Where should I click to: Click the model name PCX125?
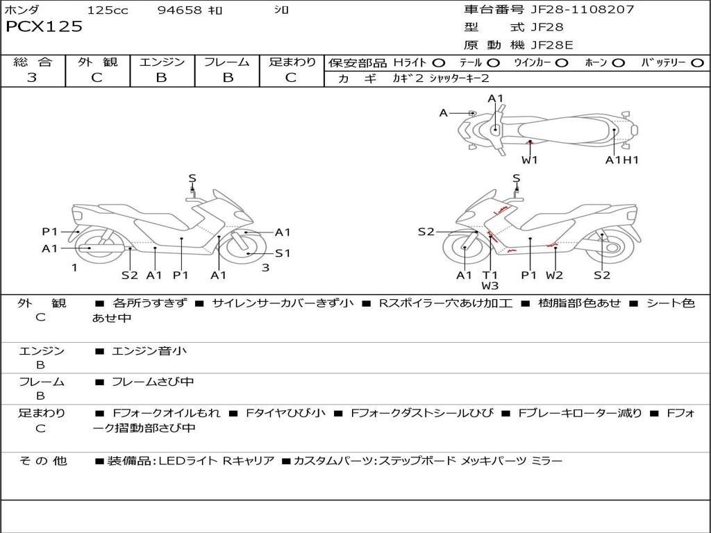[44, 27]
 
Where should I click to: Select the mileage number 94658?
[180, 10]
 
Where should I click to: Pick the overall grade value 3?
[32, 78]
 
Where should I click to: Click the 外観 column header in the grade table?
[97, 62]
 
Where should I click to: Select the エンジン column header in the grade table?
[162, 62]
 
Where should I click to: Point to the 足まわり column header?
[292, 62]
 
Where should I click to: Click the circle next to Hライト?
[439, 63]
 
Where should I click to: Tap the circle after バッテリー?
[697, 63]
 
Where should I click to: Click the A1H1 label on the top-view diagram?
[621, 160]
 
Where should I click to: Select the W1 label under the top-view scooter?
[530, 160]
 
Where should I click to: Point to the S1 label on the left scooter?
[283, 253]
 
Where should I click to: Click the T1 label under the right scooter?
[490, 275]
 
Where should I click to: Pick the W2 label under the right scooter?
[554, 275]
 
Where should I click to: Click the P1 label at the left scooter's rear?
[49, 232]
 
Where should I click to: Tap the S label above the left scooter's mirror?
[192, 178]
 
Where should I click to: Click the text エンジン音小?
[149, 351]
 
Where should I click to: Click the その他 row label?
[42, 461]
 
